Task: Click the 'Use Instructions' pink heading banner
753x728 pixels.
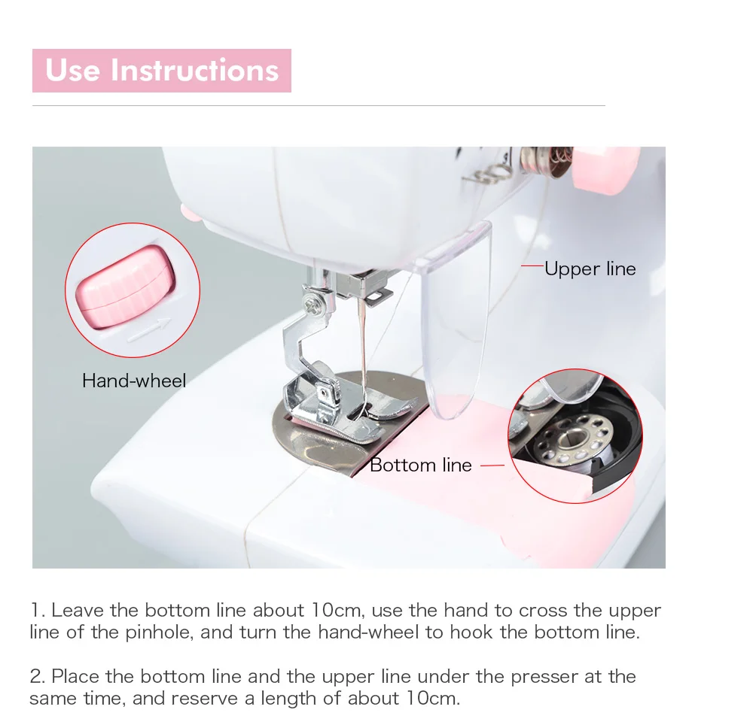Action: click(162, 71)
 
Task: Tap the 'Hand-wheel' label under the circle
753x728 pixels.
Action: click(134, 381)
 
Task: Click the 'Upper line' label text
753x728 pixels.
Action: click(590, 269)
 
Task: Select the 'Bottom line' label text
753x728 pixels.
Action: click(421, 466)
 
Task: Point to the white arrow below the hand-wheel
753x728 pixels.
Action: click(149, 330)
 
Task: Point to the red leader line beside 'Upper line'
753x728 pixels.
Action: click(532, 265)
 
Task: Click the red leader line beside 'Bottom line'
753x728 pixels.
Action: click(492, 466)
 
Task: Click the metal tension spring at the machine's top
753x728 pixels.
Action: click(485, 174)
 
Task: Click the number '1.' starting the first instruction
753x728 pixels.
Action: click(38, 611)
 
